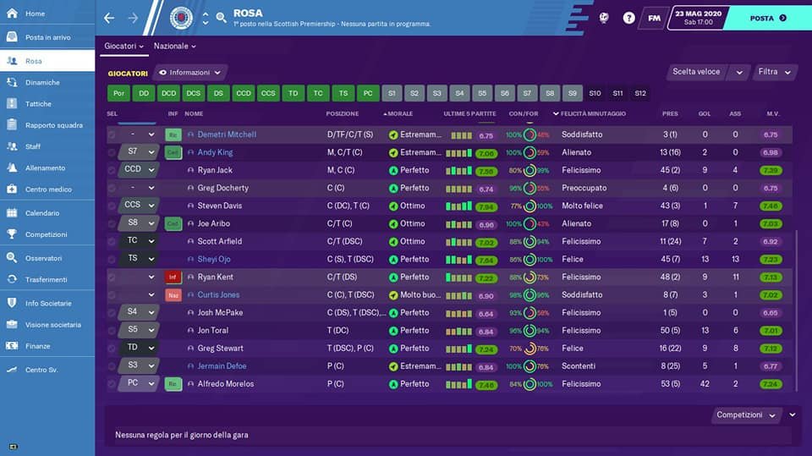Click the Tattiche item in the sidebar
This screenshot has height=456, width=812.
[38, 104]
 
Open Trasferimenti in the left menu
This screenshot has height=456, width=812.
[46, 279]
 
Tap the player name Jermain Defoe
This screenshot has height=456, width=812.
[222, 366]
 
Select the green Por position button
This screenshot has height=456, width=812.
[119, 93]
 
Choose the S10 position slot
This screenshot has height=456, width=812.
[595, 93]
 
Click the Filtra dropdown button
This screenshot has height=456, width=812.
[774, 72]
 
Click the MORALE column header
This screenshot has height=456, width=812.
[407, 113]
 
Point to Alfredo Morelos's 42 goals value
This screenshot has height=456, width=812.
[705, 384]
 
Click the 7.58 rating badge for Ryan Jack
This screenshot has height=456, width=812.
[486, 171]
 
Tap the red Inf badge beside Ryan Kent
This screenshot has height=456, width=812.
[173, 277]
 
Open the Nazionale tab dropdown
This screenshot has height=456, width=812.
[174, 46]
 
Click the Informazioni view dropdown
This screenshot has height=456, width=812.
[191, 73]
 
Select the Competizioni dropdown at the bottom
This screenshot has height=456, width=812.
[748, 415]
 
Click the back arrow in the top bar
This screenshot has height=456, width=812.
[109, 18]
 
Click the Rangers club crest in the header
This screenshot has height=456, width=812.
[181, 18]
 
